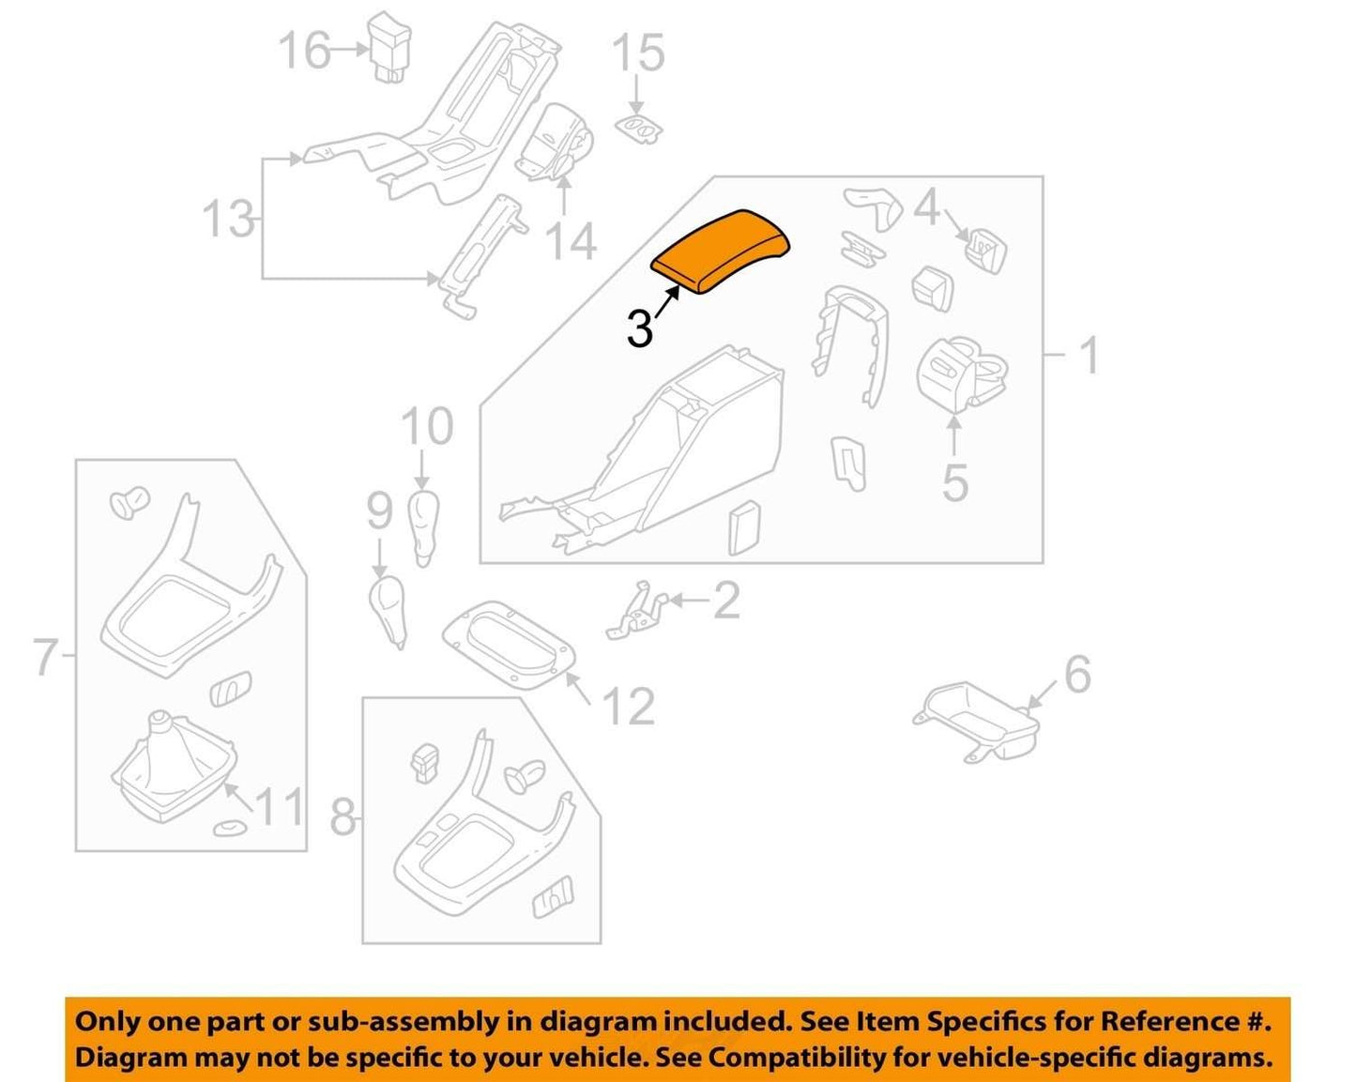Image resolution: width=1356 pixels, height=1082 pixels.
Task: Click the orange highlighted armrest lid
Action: tap(722, 251)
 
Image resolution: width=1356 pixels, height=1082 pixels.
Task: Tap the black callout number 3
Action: tap(640, 329)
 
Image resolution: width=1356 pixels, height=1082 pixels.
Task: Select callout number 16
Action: tap(305, 50)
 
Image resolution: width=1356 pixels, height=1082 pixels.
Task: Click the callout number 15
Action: tap(638, 53)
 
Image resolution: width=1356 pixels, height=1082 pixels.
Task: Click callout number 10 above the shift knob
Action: tap(427, 426)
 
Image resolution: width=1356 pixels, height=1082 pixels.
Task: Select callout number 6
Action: tap(1078, 675)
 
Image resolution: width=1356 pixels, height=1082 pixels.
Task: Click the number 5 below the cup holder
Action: tap(955, 482)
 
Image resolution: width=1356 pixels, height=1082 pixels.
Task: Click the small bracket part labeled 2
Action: tap(636, 611)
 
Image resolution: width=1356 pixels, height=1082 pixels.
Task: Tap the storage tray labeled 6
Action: tap(974, 720)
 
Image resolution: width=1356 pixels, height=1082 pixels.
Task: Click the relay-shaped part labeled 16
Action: tap(390, 46)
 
